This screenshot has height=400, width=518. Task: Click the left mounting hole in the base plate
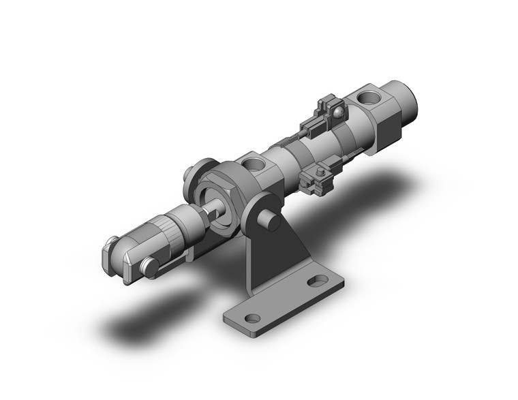(x=252, y=318)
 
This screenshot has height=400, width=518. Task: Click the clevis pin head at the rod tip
(x=149, y=267)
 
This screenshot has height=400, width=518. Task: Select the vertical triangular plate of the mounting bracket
(x=276, y=259)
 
